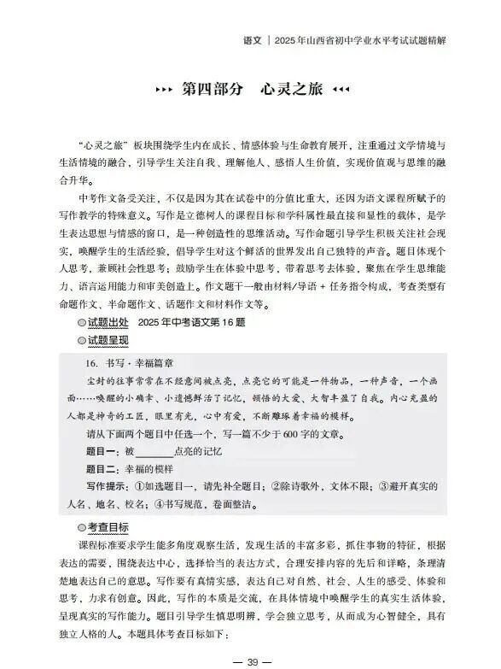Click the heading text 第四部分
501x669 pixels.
click(x=213, y=90)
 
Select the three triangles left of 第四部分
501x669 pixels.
click(x=161, y=90)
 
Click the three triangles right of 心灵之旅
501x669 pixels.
click(x=341, y=90)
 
